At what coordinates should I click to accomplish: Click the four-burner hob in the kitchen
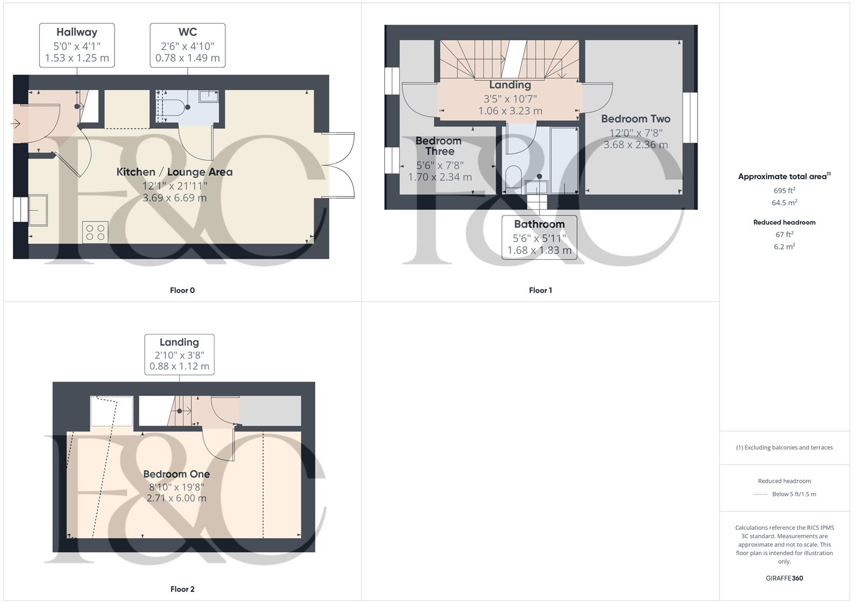click(95, 232)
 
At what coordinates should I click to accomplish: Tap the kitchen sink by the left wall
click(38, 209)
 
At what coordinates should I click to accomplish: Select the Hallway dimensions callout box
click(77, 45)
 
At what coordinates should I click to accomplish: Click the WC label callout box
click(188, 45)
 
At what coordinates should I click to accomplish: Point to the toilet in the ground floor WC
click(174, 107)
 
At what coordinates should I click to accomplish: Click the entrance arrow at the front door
click(16, 123)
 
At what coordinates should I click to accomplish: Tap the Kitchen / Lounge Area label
click(174, 172)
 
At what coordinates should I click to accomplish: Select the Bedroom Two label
click(636, 119)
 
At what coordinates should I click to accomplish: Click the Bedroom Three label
click(439, 146)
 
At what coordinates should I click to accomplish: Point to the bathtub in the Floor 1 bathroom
click(564, 159)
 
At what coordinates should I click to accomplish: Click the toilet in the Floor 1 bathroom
click(513, 178)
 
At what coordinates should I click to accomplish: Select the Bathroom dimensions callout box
click(539, 237)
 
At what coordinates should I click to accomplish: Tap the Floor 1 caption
click(540, 290)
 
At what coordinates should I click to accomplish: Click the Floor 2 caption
click(182, 589)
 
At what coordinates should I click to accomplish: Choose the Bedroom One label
click(177, 474)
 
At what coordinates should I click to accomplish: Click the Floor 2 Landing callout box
click(179, 354)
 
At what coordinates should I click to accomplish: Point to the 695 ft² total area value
click(784, 190)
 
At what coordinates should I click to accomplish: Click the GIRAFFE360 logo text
click(784, 578)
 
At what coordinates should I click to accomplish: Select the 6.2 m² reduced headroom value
click(784, 246)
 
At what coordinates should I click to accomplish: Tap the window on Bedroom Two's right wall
click(690, 117)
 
